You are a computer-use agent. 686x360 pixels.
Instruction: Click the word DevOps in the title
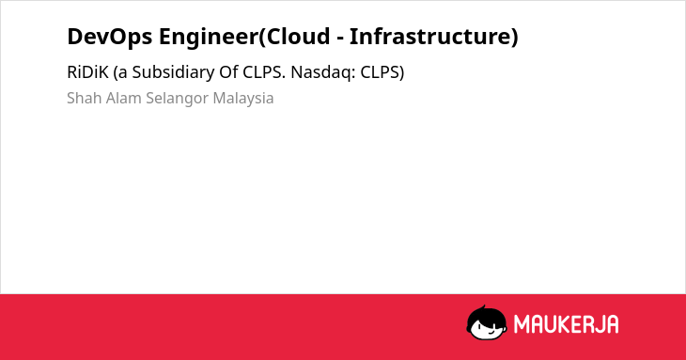(110, 37)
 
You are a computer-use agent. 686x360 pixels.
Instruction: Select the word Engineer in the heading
(209, 37)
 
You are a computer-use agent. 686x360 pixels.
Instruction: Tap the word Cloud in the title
(298, 36)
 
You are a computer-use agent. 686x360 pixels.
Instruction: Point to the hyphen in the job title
(339, 39)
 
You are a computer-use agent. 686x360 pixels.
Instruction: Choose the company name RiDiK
(87, 72)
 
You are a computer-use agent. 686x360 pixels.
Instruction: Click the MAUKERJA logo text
(566, 324)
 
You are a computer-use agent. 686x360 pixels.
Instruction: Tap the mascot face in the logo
(487, 323)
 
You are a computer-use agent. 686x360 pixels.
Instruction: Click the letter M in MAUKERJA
(522, 324)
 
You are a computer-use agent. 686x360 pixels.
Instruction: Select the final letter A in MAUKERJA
(612, 324)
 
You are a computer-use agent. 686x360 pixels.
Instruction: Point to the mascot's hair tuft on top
(484, 307)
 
